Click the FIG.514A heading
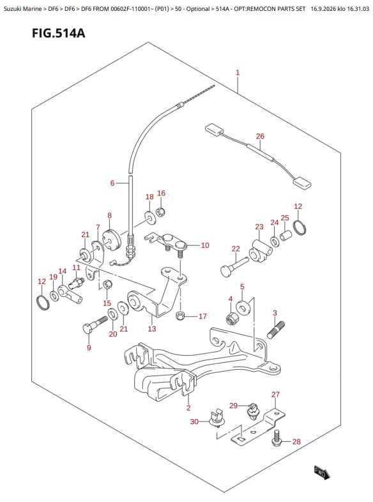pyautogui.click(x=59, y=33)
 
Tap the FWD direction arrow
pyautogui.click(x=322, y=472)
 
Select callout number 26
pyautogui.click(x=260, y=136)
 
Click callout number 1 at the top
pyautogui.click(x=238, y=73)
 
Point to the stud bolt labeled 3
pyautogui.click(x=276, y=330)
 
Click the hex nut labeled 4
pyautogui.click(x=232, y=318)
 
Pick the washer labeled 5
pyautogui.click(x=244, y=308)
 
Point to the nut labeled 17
pyautogui.click(x=181, y=316)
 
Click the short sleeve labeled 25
pyautogui.click(x=286, y=236)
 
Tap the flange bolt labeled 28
pyautogui.click(x=277, y=438)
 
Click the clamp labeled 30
pyautogui.click(x=216, y=418)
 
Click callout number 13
pyautogui.click(x=152, y=328)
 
